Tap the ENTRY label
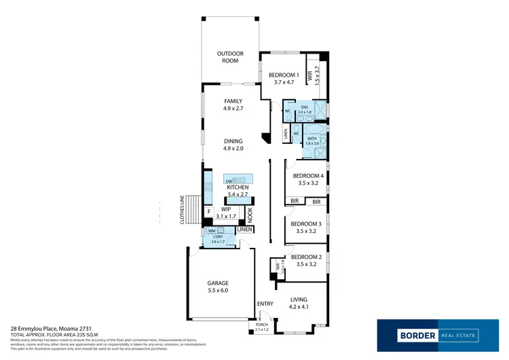click(263, 304)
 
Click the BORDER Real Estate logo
click(428, 334)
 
